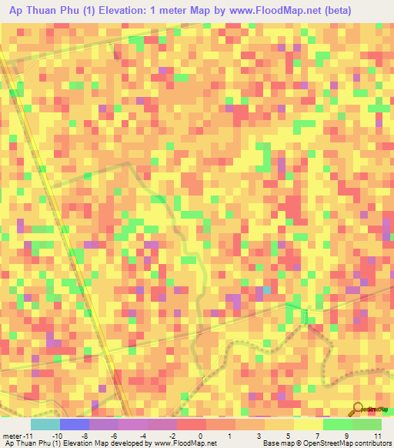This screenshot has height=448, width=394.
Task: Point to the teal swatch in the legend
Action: (45, 424)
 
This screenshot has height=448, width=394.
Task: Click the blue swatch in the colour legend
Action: (74, 424)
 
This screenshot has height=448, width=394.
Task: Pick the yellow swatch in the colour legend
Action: (308, 424)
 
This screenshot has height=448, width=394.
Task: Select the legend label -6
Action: (113, 435)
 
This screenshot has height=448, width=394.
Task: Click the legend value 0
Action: (200, 435)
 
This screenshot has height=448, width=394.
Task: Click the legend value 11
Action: (378, 435)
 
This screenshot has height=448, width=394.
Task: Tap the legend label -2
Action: (171, 435)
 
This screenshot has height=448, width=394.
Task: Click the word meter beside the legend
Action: (12, 435)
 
